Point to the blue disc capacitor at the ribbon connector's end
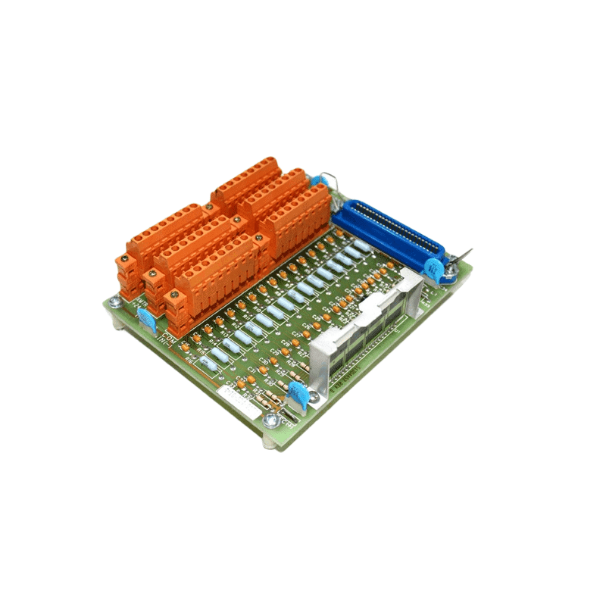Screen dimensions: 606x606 pos(435,268)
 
